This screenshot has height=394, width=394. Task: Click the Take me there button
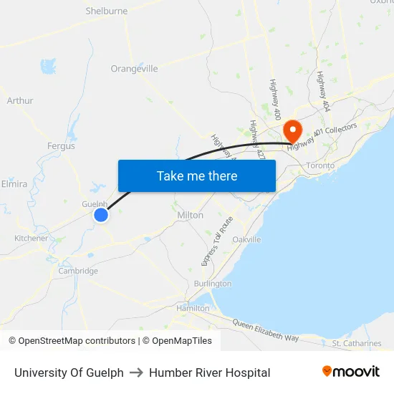pyautogui.click(x=197, y=176)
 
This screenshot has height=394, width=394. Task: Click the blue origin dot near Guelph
pyautogui.click(x=101, y=214)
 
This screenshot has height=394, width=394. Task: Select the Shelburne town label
pyautogui.click(x=106, y=11)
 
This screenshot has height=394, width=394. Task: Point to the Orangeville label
pyautogui.click(x=134, y=69)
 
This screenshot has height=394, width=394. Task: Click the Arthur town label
pyautogui.click(x=20, y=101)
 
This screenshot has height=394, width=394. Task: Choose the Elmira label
pyautogui.click(x=14, y=184)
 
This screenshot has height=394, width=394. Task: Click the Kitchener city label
pyautogui.click(x=32, y=239)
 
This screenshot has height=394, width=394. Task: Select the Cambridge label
pyautogui.click(x=78, y=271)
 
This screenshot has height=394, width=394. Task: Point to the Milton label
pyautogui.click(x=190, y=215)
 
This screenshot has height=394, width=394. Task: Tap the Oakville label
pyautogui.click(x=247, y=239)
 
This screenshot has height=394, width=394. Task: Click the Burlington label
pyautogui.click(x=213, y=284)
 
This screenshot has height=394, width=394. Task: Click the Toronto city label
pyautogui.click(x=319, y=165)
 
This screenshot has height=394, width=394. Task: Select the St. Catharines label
pyautogui.click(x=357, y=343)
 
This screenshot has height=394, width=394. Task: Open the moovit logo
pyautogui.click(x=351, y=372)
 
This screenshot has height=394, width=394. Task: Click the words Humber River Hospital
pyautogui.click(x=209, y=373)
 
